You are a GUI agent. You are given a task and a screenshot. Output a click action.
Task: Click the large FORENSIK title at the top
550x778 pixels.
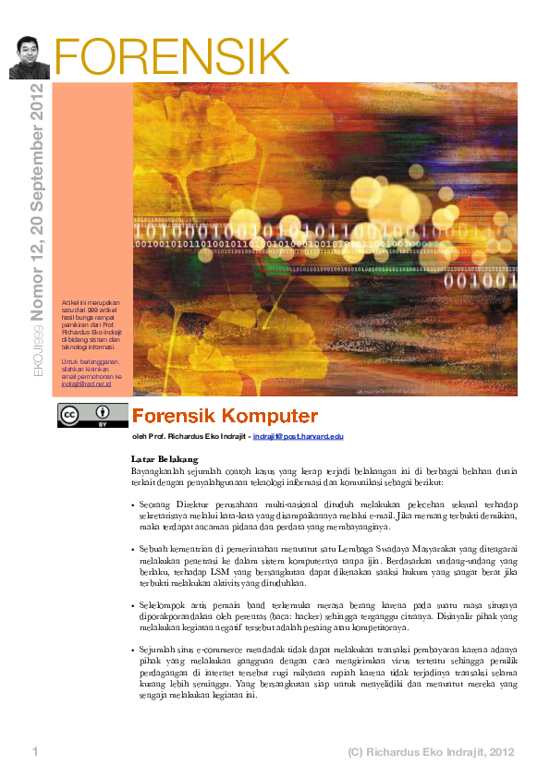pyautogui.click(x=172, y=58)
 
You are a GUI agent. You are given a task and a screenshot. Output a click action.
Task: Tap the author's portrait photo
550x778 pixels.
pyautogui.click(x=29, y=57)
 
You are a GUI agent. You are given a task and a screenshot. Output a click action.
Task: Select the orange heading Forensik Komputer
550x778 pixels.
pyautogui.click(x=225, y=416)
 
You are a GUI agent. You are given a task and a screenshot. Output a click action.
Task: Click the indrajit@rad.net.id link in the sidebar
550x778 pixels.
pyautogui.click(x=85, y=383)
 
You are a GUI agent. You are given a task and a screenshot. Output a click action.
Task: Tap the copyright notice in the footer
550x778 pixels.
pyautogui.click(x=430, y=752)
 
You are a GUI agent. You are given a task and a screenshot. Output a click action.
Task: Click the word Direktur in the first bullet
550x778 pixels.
pyautogui.click(x=189, y=503)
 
